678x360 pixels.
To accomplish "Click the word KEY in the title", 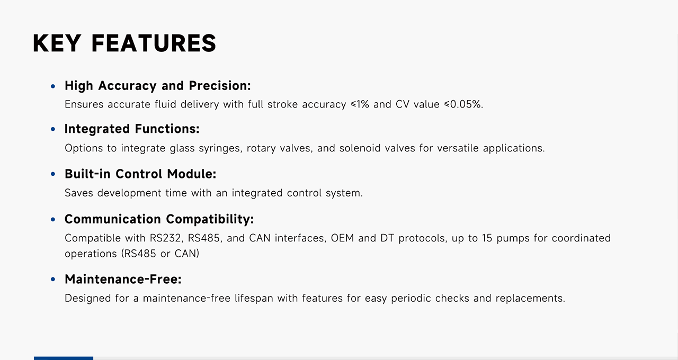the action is point(57,43).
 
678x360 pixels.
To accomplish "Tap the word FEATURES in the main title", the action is point(154,43).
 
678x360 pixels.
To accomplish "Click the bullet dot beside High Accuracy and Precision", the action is point(53,86).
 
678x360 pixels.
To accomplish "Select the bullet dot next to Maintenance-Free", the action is point(53,279).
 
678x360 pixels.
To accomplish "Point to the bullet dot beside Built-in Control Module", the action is point(53,174).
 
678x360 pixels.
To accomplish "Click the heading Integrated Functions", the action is point(132,129).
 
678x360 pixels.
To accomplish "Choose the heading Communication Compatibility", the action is point(159,219).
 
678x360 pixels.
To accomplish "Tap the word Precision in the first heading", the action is point(220,86).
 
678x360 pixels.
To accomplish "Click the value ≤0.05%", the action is point(463,104).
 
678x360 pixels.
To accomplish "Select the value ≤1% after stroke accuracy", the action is point(360,104).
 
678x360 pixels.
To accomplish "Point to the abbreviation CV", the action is point(403,104).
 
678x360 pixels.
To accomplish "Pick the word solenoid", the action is point(360,148).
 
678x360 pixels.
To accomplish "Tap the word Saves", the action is point(79,193).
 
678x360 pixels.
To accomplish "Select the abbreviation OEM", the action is point(342,238).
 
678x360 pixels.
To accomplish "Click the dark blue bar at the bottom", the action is point(64,358).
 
